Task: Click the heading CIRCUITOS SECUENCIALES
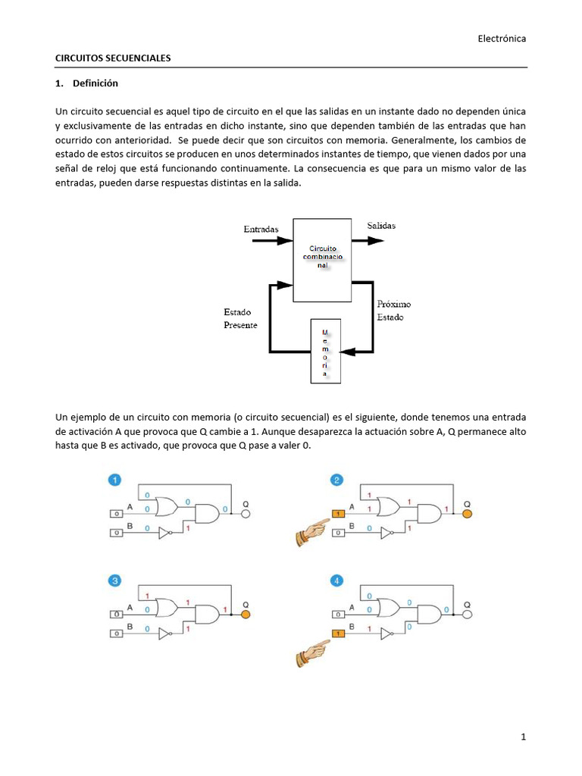(114, 58)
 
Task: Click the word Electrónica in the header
(502, 38)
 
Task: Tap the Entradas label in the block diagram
(261, 229)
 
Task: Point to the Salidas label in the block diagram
(381, 226)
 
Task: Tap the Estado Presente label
(240, 318)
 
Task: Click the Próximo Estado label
(393, 310)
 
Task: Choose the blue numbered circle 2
(336, 480)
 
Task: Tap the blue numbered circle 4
(336, 582)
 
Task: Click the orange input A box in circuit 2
(337, 515)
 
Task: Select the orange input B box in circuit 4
(337, 634)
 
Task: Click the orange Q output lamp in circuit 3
(245, 615)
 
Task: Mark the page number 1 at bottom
(523, 737)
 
